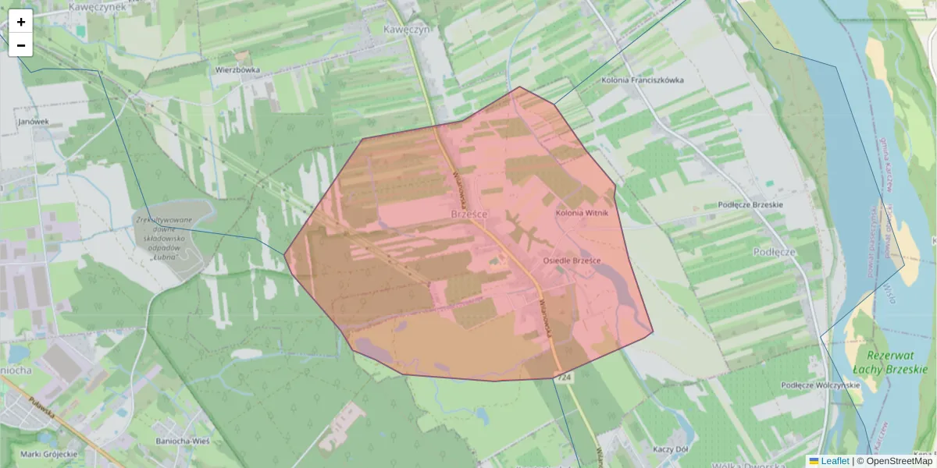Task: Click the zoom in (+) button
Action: [x=21, y=22]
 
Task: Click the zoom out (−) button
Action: [x=21, y=45]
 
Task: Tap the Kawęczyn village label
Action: [x=407, y=29]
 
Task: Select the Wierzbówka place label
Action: [x=237, y=69]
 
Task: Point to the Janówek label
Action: [x=34, y=122]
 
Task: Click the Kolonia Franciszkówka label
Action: [x=643, y=80]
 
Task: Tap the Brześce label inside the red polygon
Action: [x=470, y=212]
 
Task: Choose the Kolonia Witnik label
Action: [x=582, y=212]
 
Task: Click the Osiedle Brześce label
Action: [x=572, y=260]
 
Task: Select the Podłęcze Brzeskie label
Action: [x=750, y=205]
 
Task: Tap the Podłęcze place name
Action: [x=775, y=252]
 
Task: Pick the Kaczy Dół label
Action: [x=670, y=450]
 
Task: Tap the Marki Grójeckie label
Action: [x=49, y=454]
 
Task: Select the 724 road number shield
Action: [x=563, y=378]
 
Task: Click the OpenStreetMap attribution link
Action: [x=899, y=461]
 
